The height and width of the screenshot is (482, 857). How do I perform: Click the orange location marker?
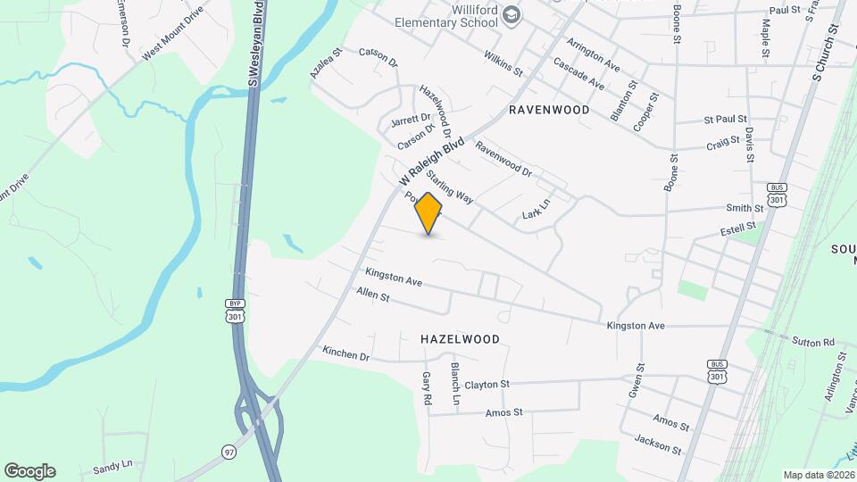(429, 213)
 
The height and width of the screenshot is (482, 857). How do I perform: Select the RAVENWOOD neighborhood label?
(549, 110)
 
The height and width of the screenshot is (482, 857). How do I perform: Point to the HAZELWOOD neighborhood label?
(460, 339)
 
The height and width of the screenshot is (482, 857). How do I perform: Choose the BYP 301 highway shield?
(234, 311)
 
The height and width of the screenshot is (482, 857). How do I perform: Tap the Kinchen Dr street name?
(346, 354)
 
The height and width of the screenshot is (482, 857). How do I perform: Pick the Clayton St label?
(487, 385)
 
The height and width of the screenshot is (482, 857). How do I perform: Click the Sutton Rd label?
(812, 342)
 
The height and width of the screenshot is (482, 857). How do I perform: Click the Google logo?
(29, 471)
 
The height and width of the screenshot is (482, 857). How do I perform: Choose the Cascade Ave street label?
(578, 74)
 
